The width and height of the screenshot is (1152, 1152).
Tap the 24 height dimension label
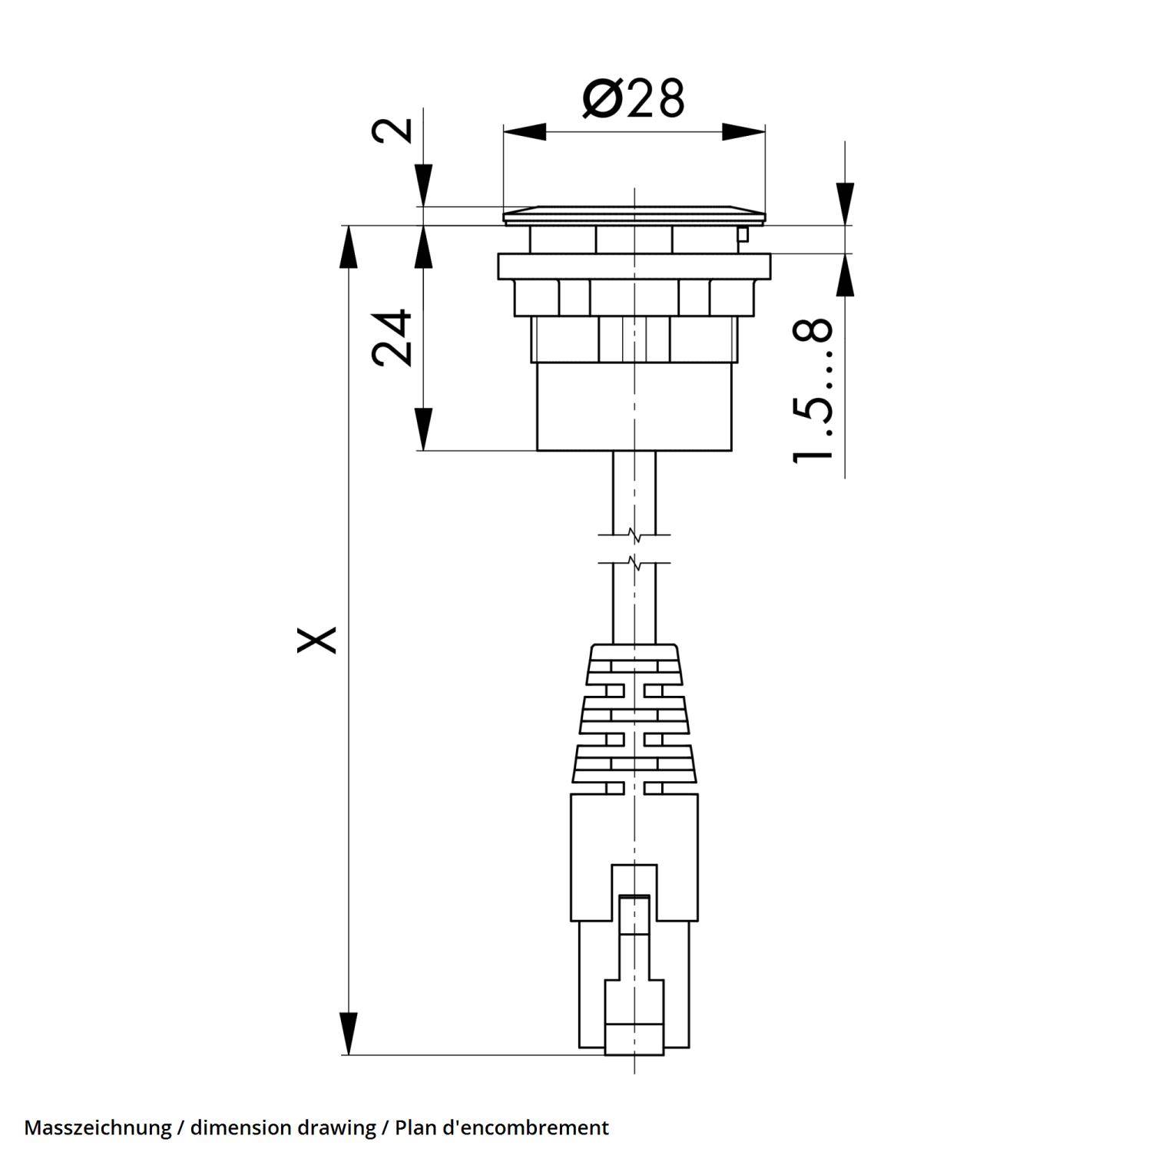392,337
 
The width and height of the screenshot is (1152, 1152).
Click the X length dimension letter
317,639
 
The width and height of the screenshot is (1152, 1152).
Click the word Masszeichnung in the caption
98,1127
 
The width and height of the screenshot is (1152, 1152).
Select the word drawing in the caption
336,1127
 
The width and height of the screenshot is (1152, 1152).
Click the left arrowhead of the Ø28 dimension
525,132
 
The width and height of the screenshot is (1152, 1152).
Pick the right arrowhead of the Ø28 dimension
743,132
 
